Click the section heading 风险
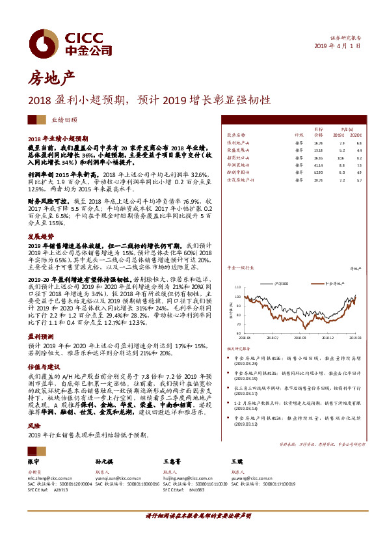click(x=33, y=424)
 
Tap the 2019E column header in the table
click(x=341, y=135)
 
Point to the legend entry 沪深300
click(x=280, y=284)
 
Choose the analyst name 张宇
click(x=34, y=461)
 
